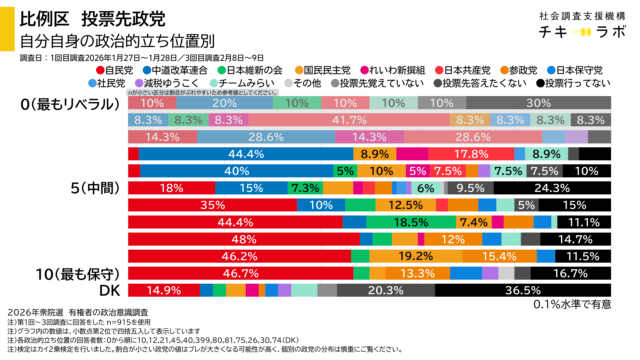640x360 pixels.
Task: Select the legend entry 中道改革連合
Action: click(x=177, y=71)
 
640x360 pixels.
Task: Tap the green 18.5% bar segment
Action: click(x=410, y=222)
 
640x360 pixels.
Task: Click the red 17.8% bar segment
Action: click(x=470, y=154)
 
